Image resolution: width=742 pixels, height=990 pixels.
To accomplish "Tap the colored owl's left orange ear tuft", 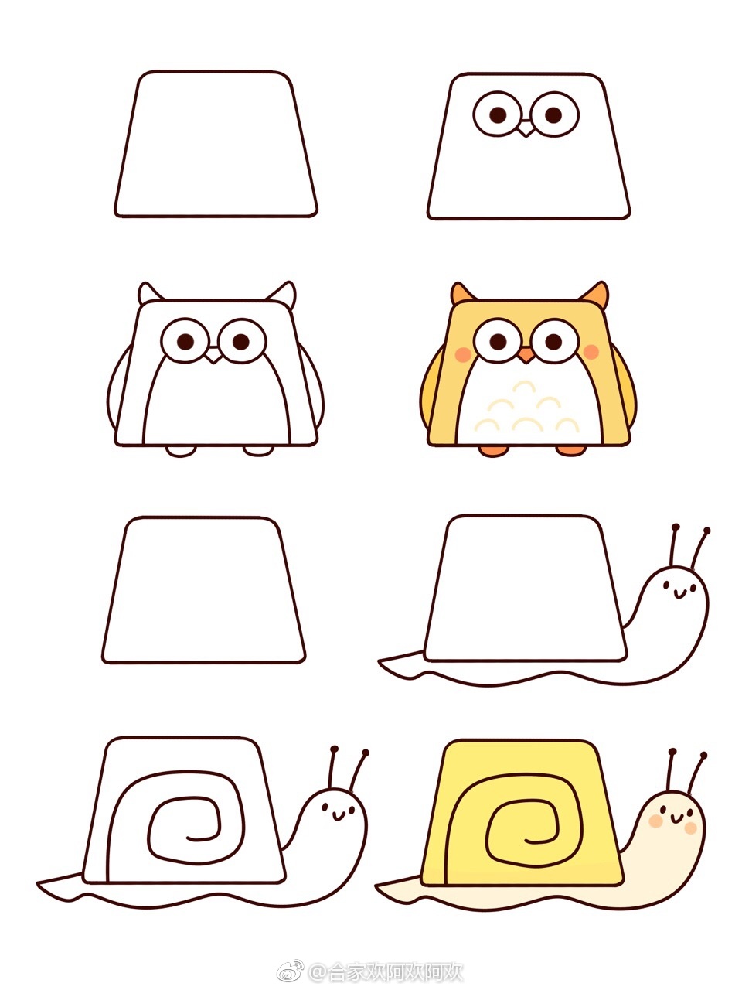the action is [461, 293].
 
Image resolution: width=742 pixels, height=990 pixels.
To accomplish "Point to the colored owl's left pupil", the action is [499, 341].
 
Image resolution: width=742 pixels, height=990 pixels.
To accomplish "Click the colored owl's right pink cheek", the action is [591, 352].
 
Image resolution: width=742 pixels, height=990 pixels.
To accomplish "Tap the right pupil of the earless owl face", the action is [553, 115].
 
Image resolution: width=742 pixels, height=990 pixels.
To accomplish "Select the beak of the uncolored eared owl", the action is [213, 356].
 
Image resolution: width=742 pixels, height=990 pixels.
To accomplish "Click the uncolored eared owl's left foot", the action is [181, 451].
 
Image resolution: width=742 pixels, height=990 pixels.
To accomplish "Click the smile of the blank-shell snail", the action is [679, 593].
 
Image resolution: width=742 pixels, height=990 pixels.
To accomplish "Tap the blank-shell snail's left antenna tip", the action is [676, 527].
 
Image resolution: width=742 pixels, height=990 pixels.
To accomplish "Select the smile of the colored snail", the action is [676, 818].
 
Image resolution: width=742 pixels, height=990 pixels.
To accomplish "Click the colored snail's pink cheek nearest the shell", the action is [656, 821].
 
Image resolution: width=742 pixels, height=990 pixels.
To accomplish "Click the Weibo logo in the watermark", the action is [291, 970].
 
